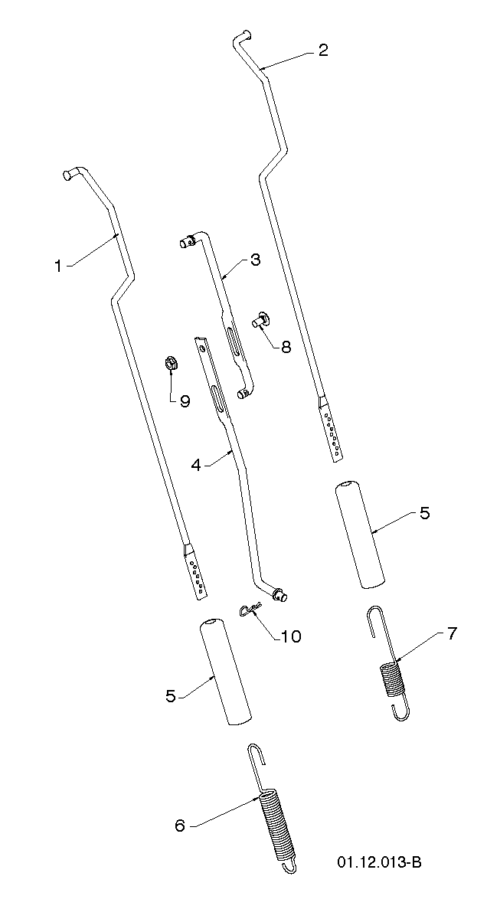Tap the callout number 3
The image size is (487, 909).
[x=254, y=260]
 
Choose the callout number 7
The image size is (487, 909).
[x=452, y=633]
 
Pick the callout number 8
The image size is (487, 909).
[x=286, y=346]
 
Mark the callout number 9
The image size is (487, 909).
[x=185, y=401]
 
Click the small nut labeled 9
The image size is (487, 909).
[x=171, y=365]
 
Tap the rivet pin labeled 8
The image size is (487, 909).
[x=260, y=319]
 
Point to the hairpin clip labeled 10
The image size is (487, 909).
[x=250, y=609]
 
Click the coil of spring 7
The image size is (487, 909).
[x=392, y=679]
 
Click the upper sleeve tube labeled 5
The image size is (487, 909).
[x=361, y=534]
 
